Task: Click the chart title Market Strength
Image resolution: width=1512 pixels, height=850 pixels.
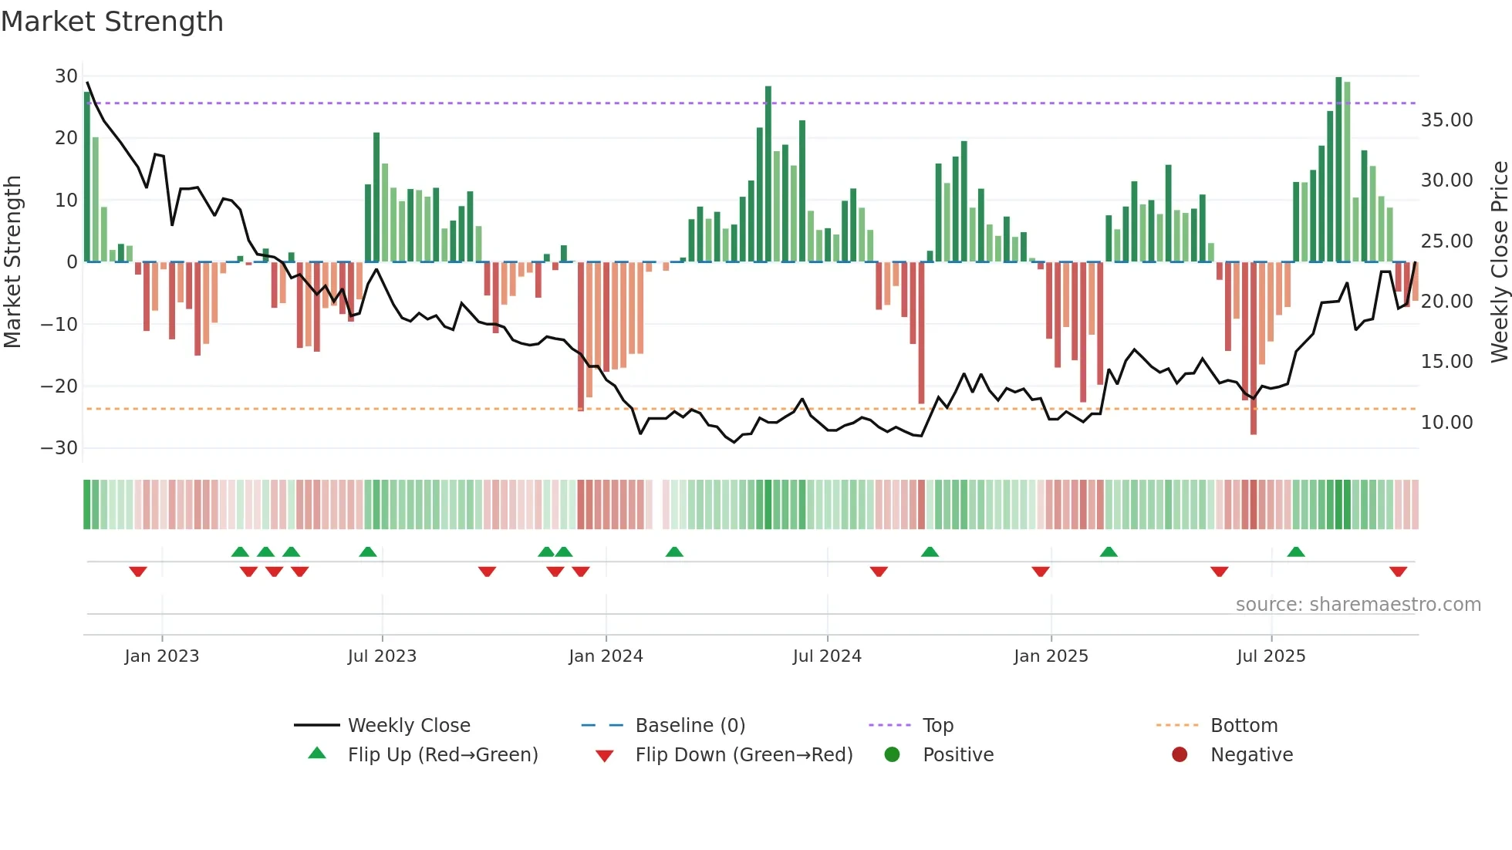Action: pos(112,22)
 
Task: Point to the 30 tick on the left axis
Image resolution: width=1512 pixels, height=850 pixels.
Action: pos(66,76)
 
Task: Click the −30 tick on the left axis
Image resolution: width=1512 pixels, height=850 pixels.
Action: pos(59,448)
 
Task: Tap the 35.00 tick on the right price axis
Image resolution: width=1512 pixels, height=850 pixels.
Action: pos(1446,120)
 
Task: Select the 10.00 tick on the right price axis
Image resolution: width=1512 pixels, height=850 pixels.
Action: pos(1446,423)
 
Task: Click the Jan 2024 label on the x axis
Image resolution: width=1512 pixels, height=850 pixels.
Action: pos(606,656)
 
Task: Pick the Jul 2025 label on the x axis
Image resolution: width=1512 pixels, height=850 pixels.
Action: pos(1271,656)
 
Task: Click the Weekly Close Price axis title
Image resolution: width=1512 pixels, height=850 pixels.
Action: pos(1499,262)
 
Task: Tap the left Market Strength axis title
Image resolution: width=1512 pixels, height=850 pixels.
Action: pos(13,262)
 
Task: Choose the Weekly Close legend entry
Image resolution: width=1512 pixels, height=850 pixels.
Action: pos(408,726)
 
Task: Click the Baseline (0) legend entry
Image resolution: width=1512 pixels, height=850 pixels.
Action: pos(690,726)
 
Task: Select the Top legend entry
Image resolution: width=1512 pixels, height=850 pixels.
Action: pos(937,726)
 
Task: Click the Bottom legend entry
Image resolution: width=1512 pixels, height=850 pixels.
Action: pos(1244,726)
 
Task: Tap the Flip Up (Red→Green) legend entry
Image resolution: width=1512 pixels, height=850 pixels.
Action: pos(442,755)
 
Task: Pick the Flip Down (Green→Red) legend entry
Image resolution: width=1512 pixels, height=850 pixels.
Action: pos(743,755)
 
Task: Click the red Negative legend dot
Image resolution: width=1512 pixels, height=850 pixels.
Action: pos(1180,755)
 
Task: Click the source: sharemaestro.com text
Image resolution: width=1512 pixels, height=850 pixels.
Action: pos(1358,605)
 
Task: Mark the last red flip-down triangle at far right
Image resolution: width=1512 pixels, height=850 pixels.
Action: pos(1398,572)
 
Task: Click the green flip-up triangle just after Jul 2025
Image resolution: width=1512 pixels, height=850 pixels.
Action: pos(1296,552)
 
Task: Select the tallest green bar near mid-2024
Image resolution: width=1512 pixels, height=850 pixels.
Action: pos(768,174)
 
